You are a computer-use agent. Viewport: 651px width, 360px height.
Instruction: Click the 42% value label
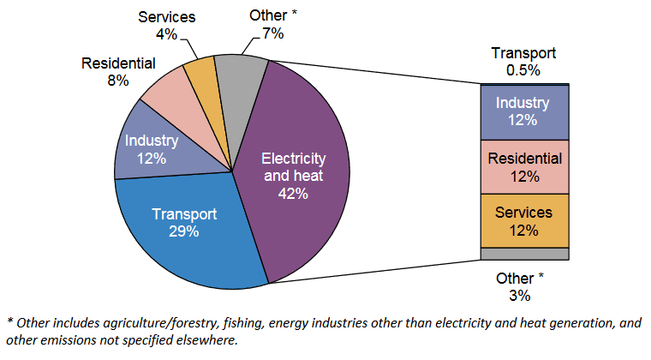(x=293, y=193)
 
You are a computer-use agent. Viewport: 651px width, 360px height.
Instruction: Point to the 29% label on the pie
(x=184, y=231)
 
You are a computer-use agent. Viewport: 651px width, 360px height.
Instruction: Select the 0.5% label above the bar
(x=523, y=70)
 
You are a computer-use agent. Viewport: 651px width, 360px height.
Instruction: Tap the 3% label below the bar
(x=521, y=296)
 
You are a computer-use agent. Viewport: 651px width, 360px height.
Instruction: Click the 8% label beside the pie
(x=118, y=81)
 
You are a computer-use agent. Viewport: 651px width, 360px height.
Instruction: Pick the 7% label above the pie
(x=273, y=33)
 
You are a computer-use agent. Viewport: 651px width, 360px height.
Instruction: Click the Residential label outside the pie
(x=118, y=63)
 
